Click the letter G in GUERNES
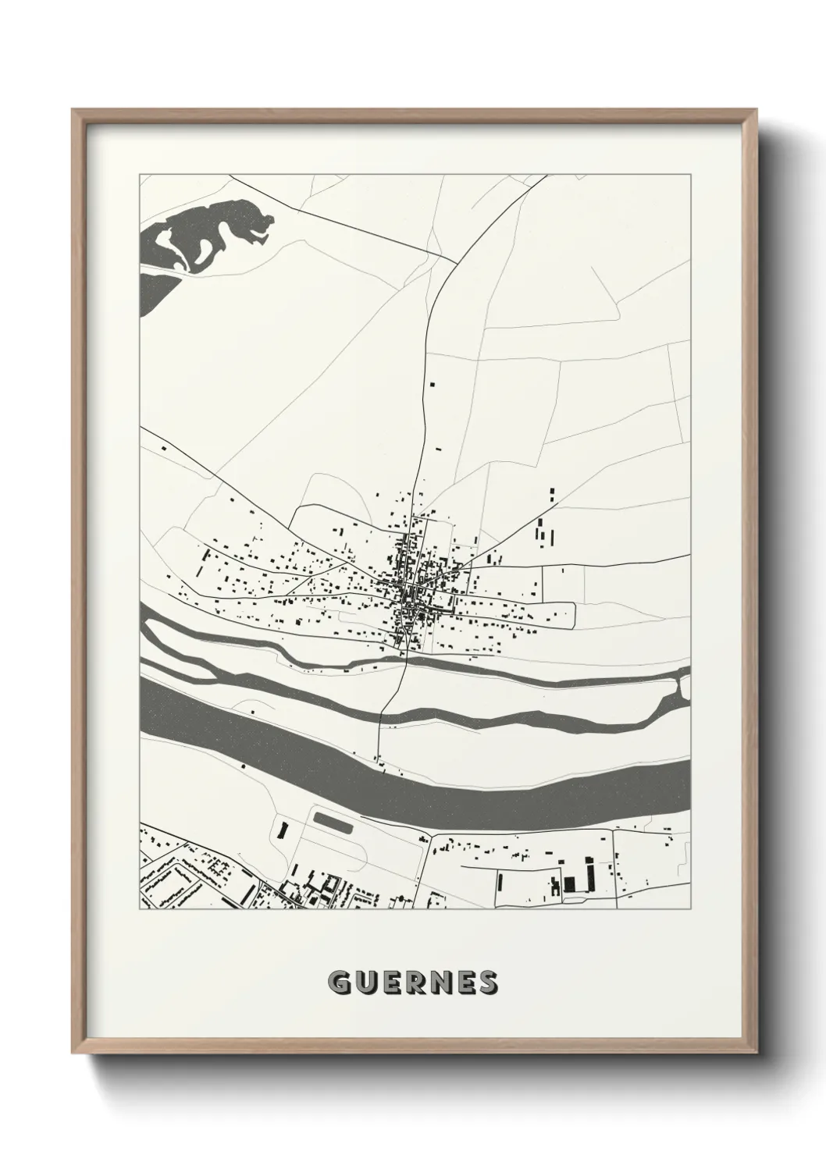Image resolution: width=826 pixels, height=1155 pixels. pos(340,983)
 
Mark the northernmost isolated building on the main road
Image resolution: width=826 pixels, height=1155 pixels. pos(431,384)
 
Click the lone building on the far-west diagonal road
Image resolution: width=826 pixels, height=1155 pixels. pos(164,449)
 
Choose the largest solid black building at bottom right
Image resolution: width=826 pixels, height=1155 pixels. pos(570,883)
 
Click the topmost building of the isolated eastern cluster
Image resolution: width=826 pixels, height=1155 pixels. pos(552,492)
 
